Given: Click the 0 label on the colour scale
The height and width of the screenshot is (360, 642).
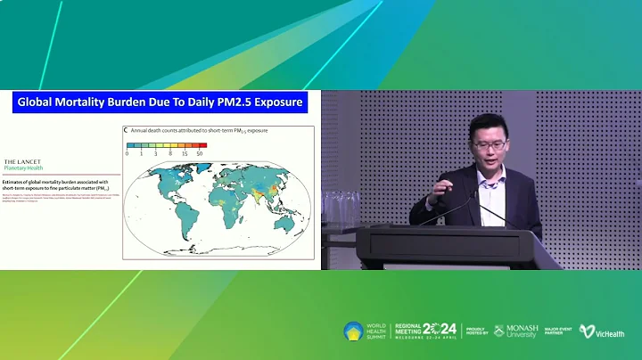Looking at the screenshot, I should click(x=128, y=153).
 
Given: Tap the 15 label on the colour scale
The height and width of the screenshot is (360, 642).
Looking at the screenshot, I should click(x=186, y=153).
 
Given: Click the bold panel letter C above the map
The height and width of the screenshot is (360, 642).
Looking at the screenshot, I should click(x=125, y=130).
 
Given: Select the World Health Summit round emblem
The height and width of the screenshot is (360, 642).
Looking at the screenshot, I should click(x=353, y=331).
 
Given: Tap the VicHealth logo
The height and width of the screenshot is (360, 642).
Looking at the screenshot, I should click(x=600, y=331).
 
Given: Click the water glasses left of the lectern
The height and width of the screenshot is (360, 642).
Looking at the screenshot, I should click(x=341, y=207).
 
